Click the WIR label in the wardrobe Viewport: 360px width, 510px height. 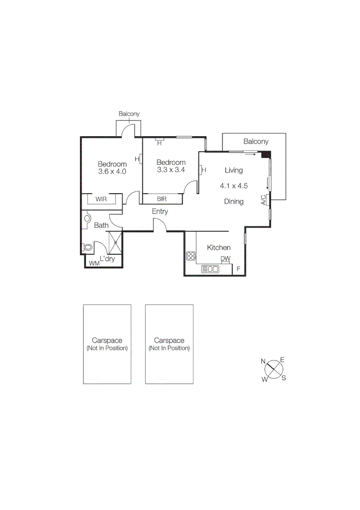tap(101, 199)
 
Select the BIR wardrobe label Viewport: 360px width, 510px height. tap(162, 199)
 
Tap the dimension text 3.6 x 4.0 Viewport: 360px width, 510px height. tap(112, 172)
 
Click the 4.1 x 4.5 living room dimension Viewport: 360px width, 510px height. tap(234, 186)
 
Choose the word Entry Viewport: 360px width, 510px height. tap(160, 212)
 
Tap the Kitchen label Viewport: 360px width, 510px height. tap(219, 247)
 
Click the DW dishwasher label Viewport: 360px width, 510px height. tap(226, 259)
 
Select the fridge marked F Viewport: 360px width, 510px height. tap(239, 269)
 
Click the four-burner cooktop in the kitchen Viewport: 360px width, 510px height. tap(191, 256)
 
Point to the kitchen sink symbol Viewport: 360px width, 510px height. tap(210, 269)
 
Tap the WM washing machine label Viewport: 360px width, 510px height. tap(94, 263)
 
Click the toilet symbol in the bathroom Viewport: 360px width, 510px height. tap(87, 247)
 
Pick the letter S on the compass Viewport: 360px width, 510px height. tap(284, 378)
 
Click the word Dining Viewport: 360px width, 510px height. tap(234, 202)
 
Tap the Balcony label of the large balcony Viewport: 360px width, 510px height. tap(256, 141)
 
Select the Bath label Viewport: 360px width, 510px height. tap(101, 226)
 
